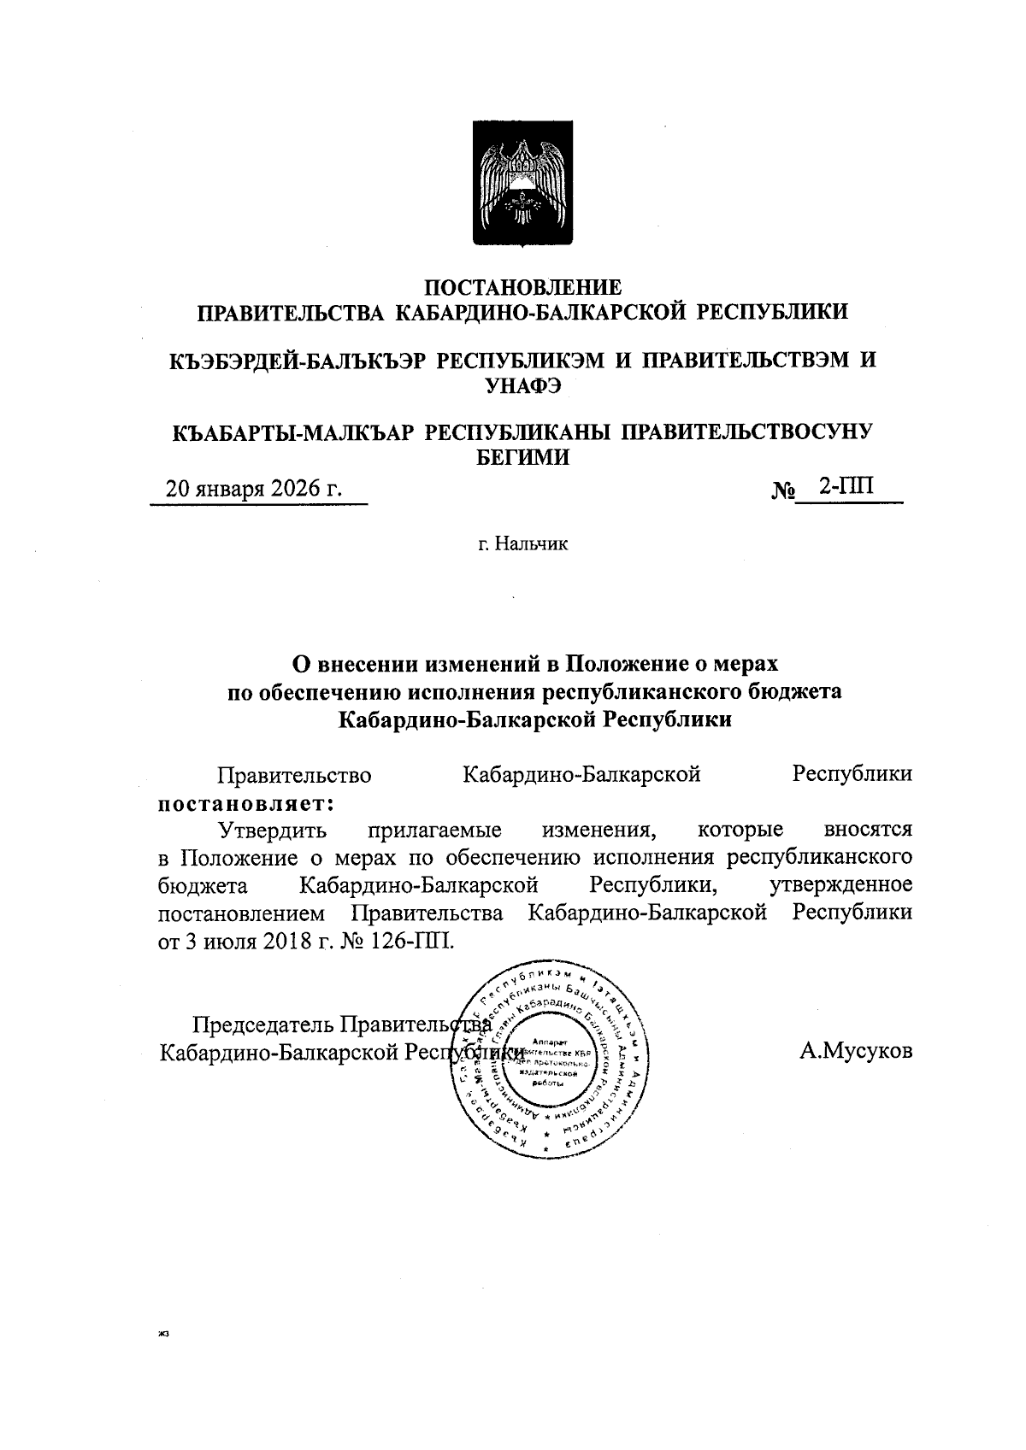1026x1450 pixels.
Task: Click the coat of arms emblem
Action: pyautogui.click(x=522, y=184)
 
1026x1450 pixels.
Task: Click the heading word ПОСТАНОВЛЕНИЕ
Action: pyautogui.click(x=523, y=287)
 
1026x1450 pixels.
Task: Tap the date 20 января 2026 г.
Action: pyautogui.click(x=253, y=490)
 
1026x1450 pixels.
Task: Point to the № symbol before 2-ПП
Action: pyautogui.click(x=784, y=492)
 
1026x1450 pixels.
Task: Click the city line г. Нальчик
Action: pyautogui.click(x=522, y=543)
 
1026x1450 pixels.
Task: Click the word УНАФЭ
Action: pyautogui.click(x=522, y=385)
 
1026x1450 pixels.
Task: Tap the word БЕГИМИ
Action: pyautogui.click(x=522, y=457)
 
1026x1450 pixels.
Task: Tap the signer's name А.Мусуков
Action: pyautogui.click(x=856, y=1051)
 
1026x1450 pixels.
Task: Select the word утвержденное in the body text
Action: pyautogui.click(x=840, y=884)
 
